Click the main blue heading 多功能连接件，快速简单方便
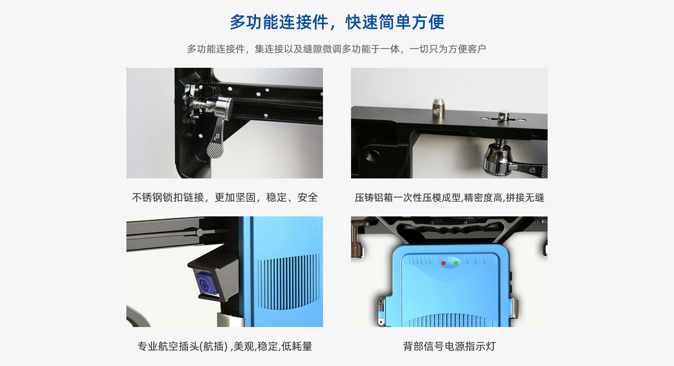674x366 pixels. (x=337, y=22)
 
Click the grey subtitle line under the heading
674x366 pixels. (x=336, y=49)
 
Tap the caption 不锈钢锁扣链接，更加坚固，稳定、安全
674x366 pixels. (x=225, y=197)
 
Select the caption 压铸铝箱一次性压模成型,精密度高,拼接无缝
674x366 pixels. (x=449, y=197)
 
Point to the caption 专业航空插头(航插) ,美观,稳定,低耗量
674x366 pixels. (x=225, y=346)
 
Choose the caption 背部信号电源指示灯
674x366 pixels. (x=449, y=346)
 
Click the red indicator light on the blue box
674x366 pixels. (x=443, y=263)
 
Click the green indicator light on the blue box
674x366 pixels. (x=456, y=263)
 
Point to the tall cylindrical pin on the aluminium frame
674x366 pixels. (x=438, y=108)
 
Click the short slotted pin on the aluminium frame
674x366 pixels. (x=503, y=116)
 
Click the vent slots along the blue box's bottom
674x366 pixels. (x=449, y=320)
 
